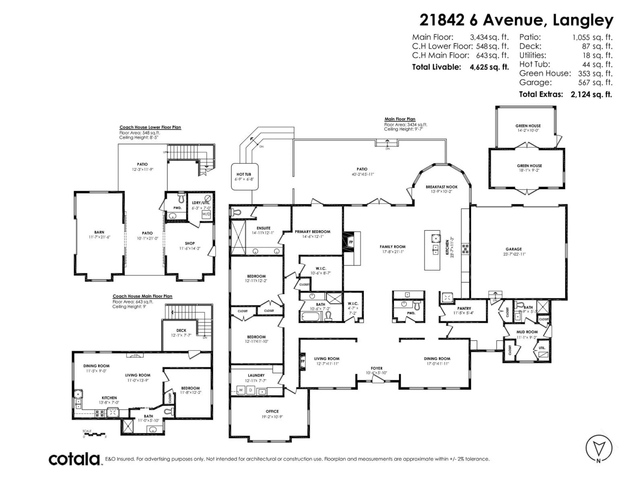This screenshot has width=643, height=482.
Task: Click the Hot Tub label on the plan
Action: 244,174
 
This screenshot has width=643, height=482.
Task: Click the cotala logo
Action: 74,459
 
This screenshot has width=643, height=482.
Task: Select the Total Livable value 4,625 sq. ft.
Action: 489,67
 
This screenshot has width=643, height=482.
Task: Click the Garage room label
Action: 514,249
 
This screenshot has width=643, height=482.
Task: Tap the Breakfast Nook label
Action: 442,187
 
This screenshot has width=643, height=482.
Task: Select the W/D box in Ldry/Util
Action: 206,214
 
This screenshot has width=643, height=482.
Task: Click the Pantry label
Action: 464,308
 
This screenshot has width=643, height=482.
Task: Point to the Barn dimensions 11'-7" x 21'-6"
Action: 99,237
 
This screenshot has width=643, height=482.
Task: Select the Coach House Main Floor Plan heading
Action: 142,296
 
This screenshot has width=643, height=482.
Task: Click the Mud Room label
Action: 527,332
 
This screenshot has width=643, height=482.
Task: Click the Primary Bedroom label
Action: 312,232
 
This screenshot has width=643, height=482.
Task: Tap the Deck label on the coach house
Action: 181,330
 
